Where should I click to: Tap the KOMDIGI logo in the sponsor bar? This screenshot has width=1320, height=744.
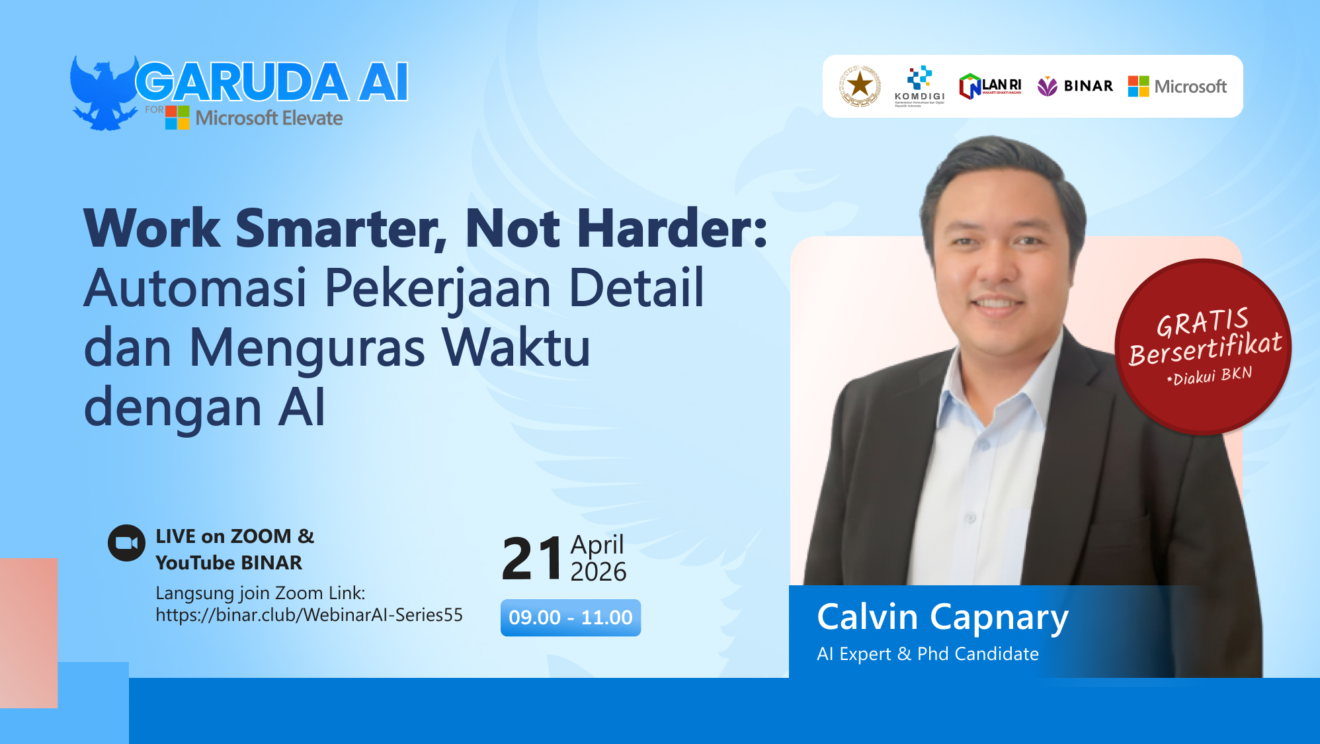[x=919, y=86]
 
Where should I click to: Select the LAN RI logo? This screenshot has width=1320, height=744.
[x=990, y=87]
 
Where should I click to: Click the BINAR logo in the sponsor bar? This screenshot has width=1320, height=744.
[x=1075, y=86]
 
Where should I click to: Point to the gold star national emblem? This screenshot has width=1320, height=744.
[x=860, y=86]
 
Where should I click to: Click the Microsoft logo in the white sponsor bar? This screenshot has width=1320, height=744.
[x=1177, y=86]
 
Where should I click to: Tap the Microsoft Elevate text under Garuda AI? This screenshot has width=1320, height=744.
[x=268, y=118]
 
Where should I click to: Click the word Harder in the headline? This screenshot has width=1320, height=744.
[x=671, y=228]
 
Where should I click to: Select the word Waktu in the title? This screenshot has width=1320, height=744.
[x=516, y=348]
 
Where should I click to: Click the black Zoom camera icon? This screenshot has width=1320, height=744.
[x=126, y=543]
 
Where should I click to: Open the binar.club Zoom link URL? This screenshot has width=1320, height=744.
[x=309, y=615]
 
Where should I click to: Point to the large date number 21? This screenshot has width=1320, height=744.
[x=531, y=559]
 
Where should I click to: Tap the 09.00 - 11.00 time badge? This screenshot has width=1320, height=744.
[x=570, y=618]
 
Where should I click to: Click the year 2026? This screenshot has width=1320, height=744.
[x=598, y=571]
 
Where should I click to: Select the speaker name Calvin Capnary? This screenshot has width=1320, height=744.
[x=942, y=617]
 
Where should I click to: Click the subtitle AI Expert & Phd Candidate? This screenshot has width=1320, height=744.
[x=927, y=654]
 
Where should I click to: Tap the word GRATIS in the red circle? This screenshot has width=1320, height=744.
[x=1202, y=322]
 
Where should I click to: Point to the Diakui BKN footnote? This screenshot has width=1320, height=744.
[x=1210, y=376]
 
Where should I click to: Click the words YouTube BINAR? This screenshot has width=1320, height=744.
[x=229, y=563]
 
